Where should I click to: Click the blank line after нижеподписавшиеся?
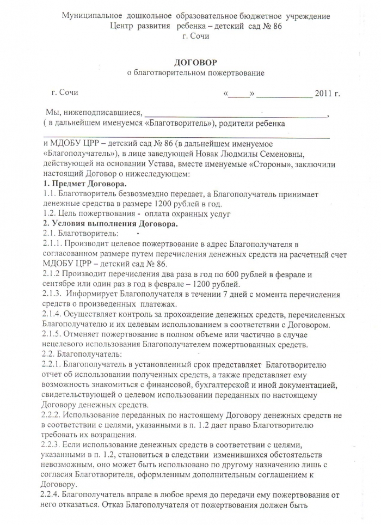(x=235, y=113)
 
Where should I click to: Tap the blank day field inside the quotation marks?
(x=238, y=93)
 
